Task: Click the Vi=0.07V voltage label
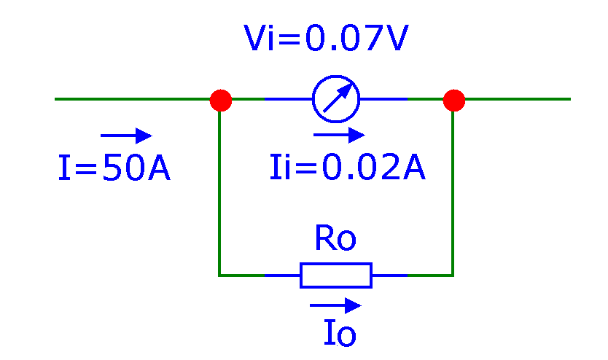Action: [325, 40]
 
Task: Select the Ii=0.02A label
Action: [347, 168]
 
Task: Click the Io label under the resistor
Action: [339, 334]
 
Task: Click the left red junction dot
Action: [220, 100]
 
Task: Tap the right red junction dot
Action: [453, 100]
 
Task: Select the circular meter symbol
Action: [336, 99]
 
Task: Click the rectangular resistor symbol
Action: [336, 275]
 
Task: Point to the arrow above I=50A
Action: [126, 136]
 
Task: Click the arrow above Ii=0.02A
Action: [339, 135]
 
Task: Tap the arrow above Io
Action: [335, 305]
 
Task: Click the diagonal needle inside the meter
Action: [338, 98]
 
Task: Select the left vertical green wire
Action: [219, 189]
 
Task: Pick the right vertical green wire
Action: [453, 189]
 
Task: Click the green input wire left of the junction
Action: [131, 99]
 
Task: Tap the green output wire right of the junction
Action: [518, 99]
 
